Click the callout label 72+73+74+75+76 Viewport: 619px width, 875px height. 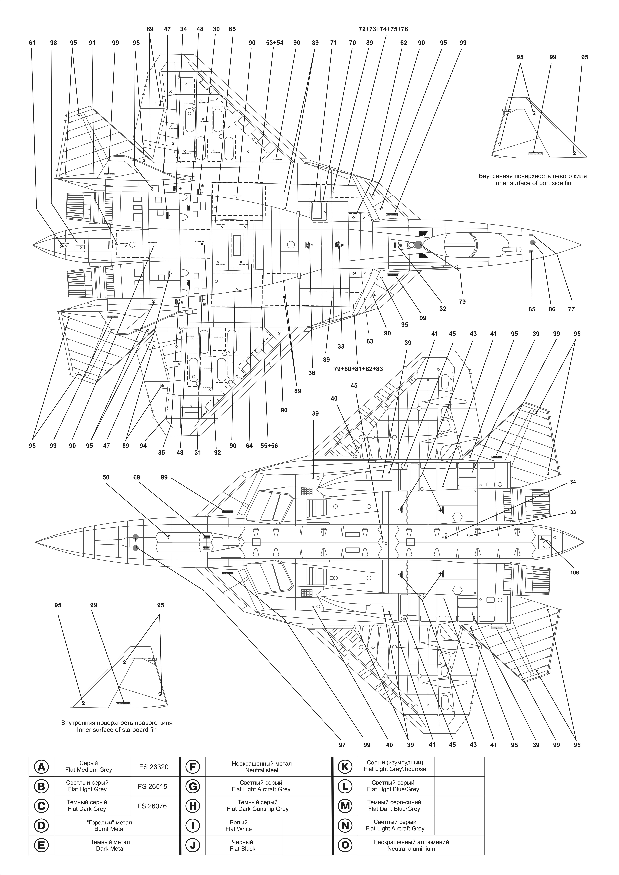(383, 29)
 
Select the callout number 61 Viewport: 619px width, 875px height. (32, 43)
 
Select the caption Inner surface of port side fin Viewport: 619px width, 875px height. (532, 183)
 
